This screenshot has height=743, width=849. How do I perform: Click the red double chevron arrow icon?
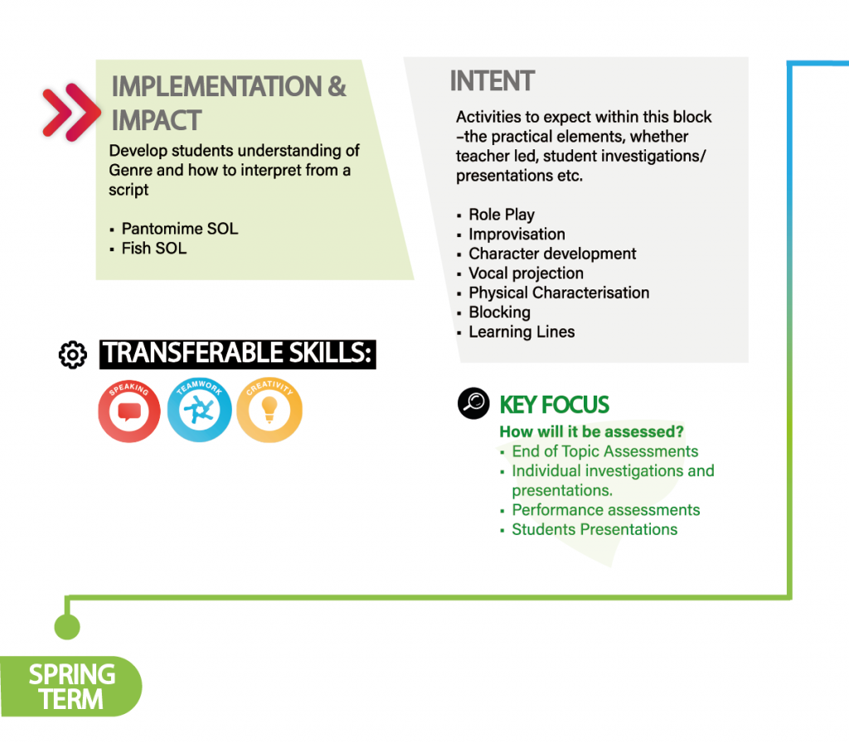tap(71, 112)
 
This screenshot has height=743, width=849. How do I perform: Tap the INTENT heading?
tap(492, 81)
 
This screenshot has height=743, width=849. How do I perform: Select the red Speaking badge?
tap(129, 410)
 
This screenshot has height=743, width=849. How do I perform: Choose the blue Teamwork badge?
tap(199, 410)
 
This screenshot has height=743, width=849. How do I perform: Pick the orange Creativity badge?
tap(269, 410)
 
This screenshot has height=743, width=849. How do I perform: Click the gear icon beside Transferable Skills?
tap(73, 355)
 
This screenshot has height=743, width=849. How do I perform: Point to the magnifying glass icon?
tap(473, 404)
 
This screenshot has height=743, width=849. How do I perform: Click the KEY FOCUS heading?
tap(554, 405)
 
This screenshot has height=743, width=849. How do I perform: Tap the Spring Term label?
tap(71, 686)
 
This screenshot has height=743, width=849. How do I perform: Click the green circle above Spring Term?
tap(67, 627)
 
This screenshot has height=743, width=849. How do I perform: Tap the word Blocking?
tap(500, 313)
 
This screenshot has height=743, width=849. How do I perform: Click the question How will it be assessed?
tap(591, 431)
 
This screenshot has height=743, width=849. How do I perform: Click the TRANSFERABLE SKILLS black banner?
tap(238, 354)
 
